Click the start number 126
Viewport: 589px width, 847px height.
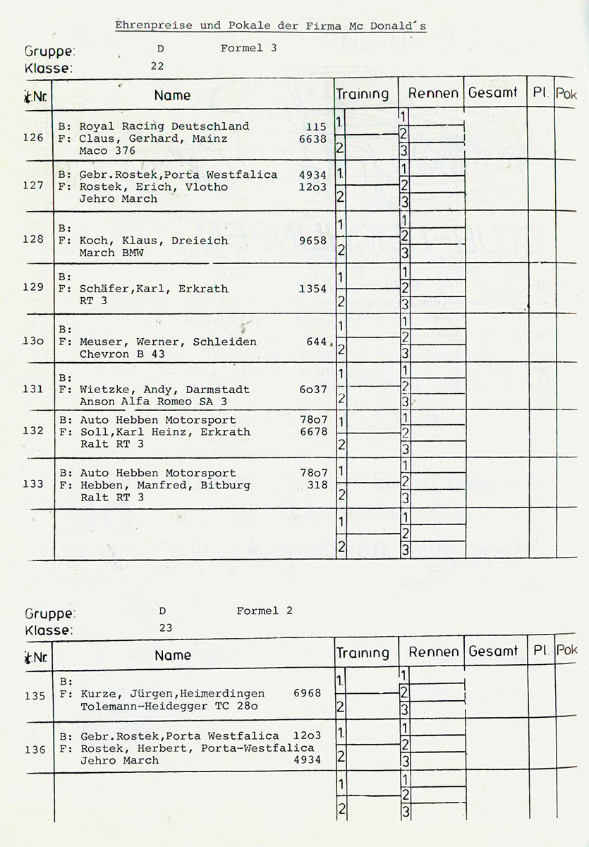tap(33, 138)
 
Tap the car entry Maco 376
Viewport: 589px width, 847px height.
tap(107, 150)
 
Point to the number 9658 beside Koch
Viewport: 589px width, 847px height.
tap(313, 241)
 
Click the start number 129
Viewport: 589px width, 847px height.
tap(33, 287)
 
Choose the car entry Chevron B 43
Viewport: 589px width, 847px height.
tap(122, 354)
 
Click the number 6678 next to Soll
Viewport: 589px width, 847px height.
tap(313, 432)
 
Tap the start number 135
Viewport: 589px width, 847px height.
tap(35, 696)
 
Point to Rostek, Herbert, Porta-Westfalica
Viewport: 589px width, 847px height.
tap(197, 748)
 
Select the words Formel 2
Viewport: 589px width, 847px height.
tap(264, 611)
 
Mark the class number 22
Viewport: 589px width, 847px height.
tap(157, 66)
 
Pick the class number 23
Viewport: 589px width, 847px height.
tap(166, 628)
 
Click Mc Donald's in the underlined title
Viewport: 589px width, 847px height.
tap(387, 26)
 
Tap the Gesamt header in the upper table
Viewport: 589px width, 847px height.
tap(493, 92)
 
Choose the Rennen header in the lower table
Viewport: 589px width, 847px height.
tap(433, 652)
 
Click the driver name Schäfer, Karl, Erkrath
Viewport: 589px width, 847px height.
tap(154, 289)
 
